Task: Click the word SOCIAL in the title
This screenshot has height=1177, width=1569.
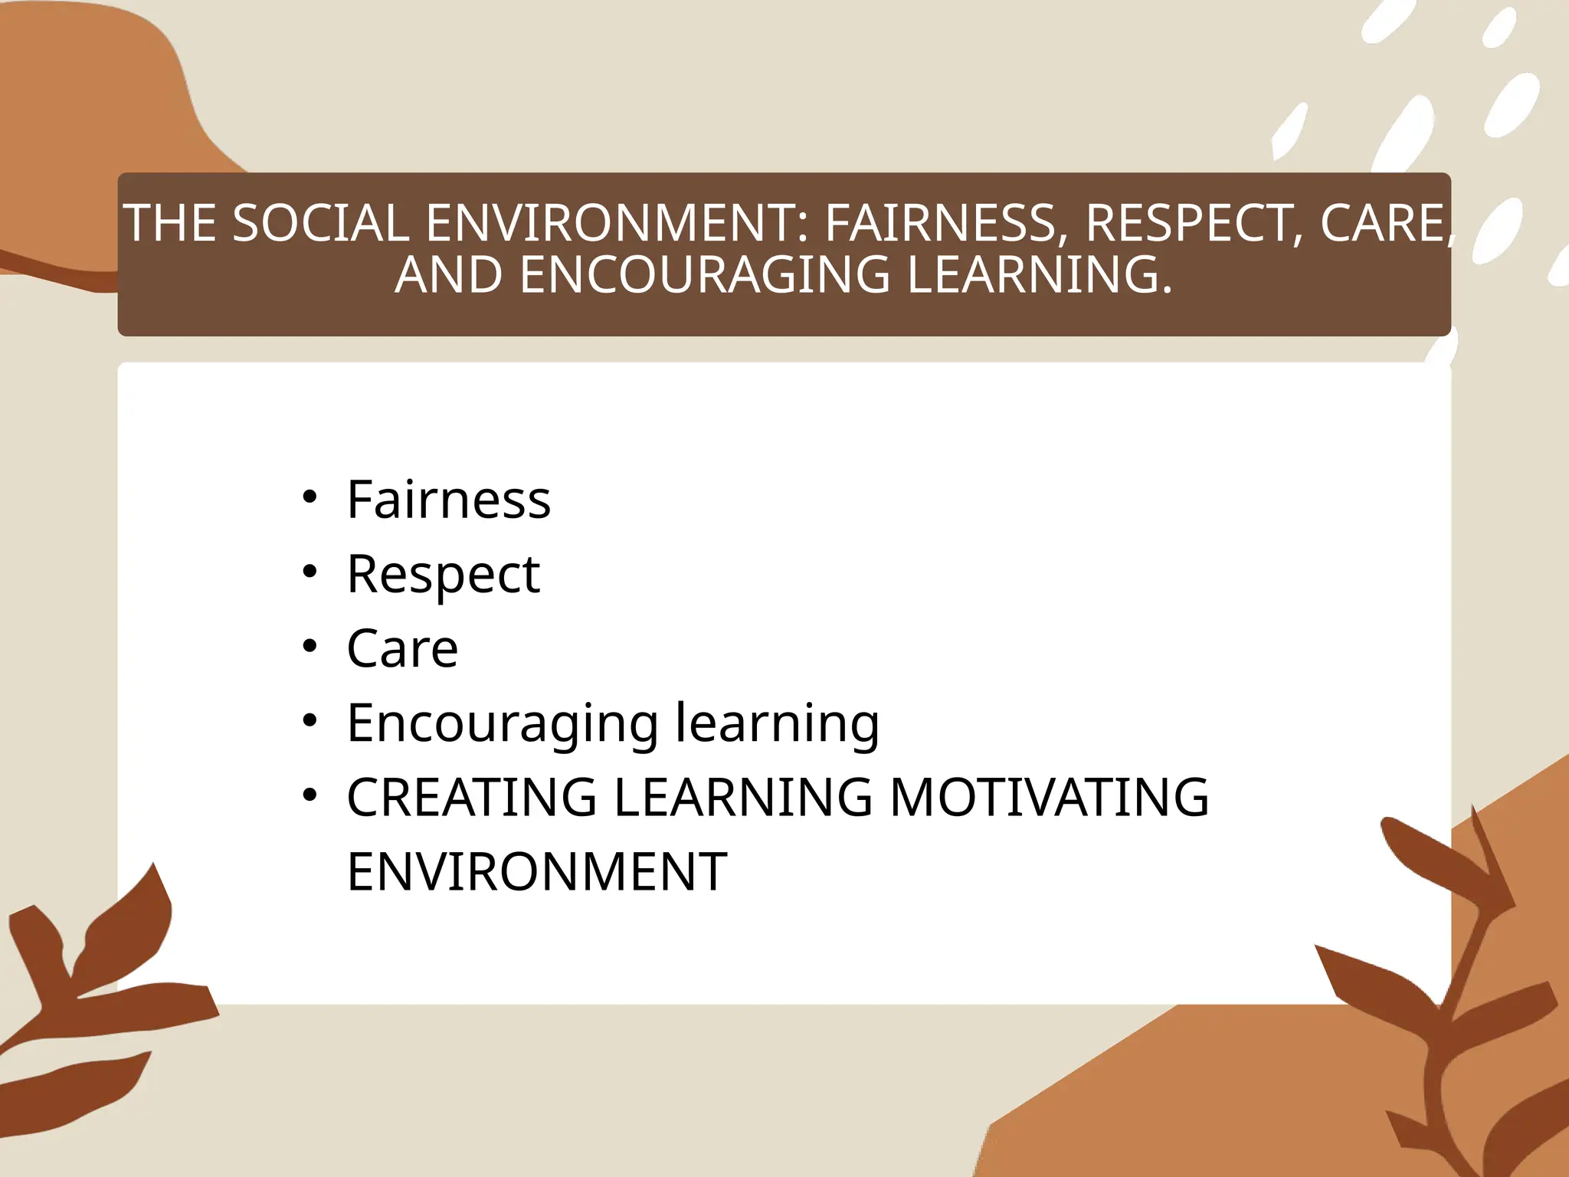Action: point(319,223)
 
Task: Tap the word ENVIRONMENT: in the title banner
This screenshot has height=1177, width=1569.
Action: point(617,223)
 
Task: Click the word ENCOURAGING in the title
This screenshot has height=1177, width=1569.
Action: point(705,275)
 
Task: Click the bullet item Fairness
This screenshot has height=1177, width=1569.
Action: point(448,500)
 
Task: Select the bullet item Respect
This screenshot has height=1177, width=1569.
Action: point(443,575)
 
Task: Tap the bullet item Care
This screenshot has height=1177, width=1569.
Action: point(402,649)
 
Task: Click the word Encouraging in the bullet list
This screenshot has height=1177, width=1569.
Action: point(503,723)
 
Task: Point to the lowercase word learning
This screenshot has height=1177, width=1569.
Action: point(777,723)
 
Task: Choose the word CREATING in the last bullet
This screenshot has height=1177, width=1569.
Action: point(471,797)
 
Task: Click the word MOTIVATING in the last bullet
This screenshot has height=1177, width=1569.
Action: point(1049,797)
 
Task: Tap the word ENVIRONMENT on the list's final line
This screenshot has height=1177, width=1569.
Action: point(536,872)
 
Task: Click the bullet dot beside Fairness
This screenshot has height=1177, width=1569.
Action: point(310,497)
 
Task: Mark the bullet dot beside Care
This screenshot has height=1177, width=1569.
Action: point(310,647)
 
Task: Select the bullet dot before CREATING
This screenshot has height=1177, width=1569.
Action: point(310,795)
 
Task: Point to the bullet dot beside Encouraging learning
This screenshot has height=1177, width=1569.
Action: point(310,721)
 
